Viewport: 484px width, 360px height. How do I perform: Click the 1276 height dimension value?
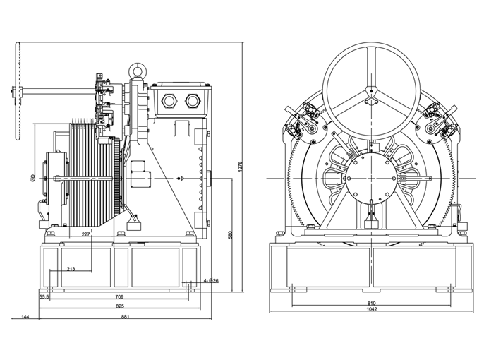pos(241,167)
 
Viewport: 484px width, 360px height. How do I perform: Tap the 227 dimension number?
pos(85,234)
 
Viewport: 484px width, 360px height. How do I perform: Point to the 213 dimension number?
pos(71,269)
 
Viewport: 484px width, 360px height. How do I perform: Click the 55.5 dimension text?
pos(44,297)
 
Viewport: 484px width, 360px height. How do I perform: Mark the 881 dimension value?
pos(126,317)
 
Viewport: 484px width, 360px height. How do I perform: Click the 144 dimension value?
pos(25,317)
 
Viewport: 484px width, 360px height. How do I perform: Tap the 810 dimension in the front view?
pos(371,303)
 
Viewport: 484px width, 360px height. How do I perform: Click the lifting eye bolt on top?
pos(137,71)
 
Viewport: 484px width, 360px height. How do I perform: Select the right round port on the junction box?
pos(190,100)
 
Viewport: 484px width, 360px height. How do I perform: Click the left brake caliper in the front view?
pos(299,121)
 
